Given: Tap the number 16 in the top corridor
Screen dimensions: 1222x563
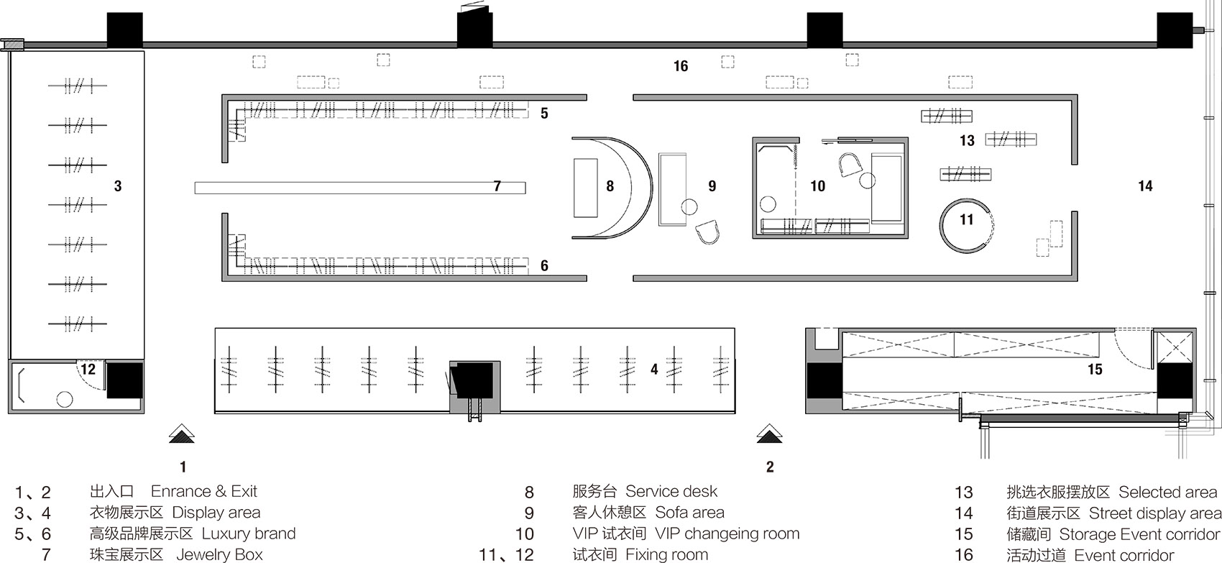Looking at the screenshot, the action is pos(680,66).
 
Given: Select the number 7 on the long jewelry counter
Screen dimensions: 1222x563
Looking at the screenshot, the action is pos(497,186).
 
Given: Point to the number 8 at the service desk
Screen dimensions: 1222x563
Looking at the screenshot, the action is pos(610,186).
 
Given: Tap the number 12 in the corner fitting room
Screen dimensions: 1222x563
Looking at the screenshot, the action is pos(88,370).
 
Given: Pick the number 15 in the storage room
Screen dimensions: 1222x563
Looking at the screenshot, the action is pos(1095,370).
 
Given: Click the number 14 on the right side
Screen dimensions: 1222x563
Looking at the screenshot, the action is pos(1145,186).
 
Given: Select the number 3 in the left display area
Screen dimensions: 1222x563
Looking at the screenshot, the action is pos(118,186).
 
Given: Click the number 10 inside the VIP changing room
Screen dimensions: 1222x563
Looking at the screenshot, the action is pos(817,186).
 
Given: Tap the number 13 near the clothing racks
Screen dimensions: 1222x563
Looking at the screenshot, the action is pos(967,141).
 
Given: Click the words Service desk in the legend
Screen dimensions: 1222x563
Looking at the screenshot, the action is pos(671,491).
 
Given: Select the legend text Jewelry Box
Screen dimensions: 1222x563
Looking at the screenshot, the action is pos(219,554).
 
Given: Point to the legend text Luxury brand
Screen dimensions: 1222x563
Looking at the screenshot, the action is pos(248,533).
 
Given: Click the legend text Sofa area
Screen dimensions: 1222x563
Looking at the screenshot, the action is pos(689,512).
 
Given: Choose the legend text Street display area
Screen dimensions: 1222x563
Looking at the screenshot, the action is pos(1155,513).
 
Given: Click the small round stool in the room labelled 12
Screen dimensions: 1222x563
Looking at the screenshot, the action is pos(65,399).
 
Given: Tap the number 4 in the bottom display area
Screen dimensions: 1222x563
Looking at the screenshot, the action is pos(654,370).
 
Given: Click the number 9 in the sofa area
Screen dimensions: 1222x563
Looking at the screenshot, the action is pos(712,186).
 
